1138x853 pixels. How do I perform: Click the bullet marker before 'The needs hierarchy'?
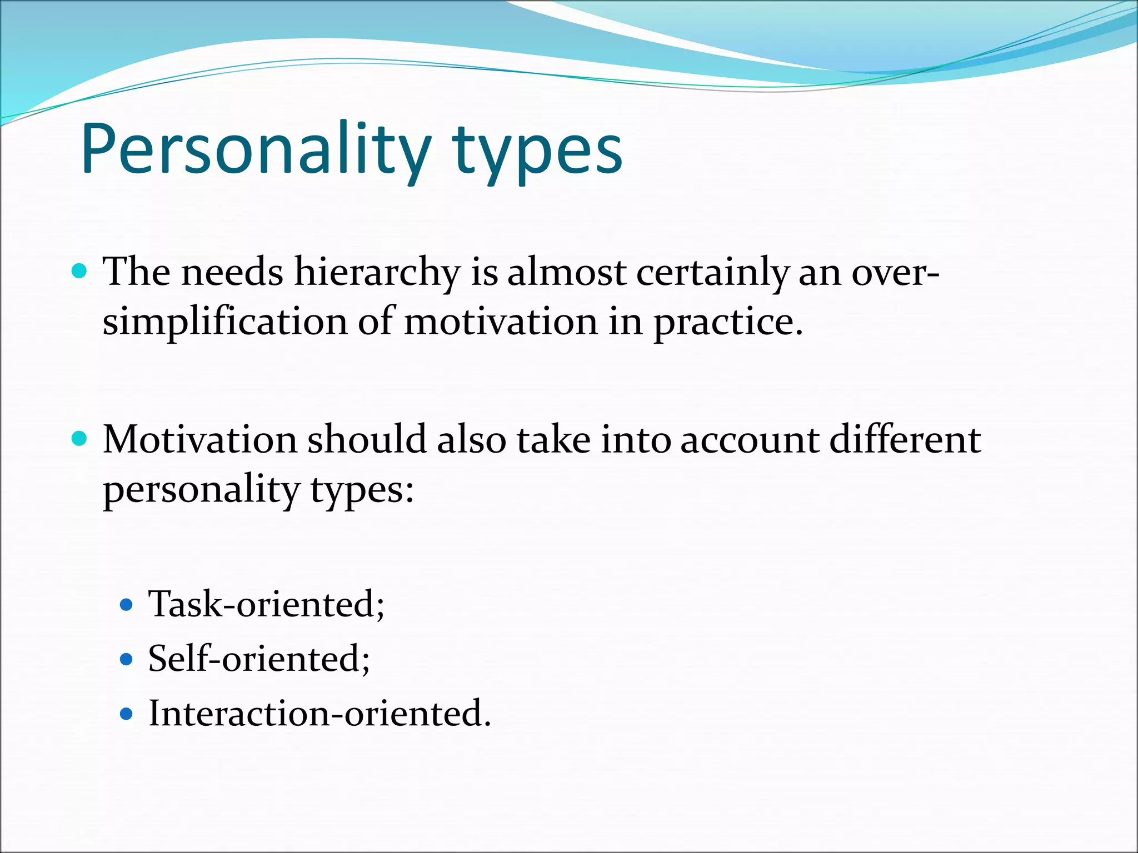pos(80,272)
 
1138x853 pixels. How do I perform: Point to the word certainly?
pos(712,273)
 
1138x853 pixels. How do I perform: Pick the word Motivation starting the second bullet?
pos(200,440)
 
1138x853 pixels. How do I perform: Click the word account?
pos(750,440)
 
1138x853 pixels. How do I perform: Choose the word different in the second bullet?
pos(905,440)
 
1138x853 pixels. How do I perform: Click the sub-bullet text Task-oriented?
pos(266,604)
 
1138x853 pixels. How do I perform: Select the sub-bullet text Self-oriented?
pos(258,659)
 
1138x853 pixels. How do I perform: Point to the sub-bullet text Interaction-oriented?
pos(320,714)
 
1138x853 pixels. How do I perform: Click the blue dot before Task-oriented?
pos(127,605)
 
